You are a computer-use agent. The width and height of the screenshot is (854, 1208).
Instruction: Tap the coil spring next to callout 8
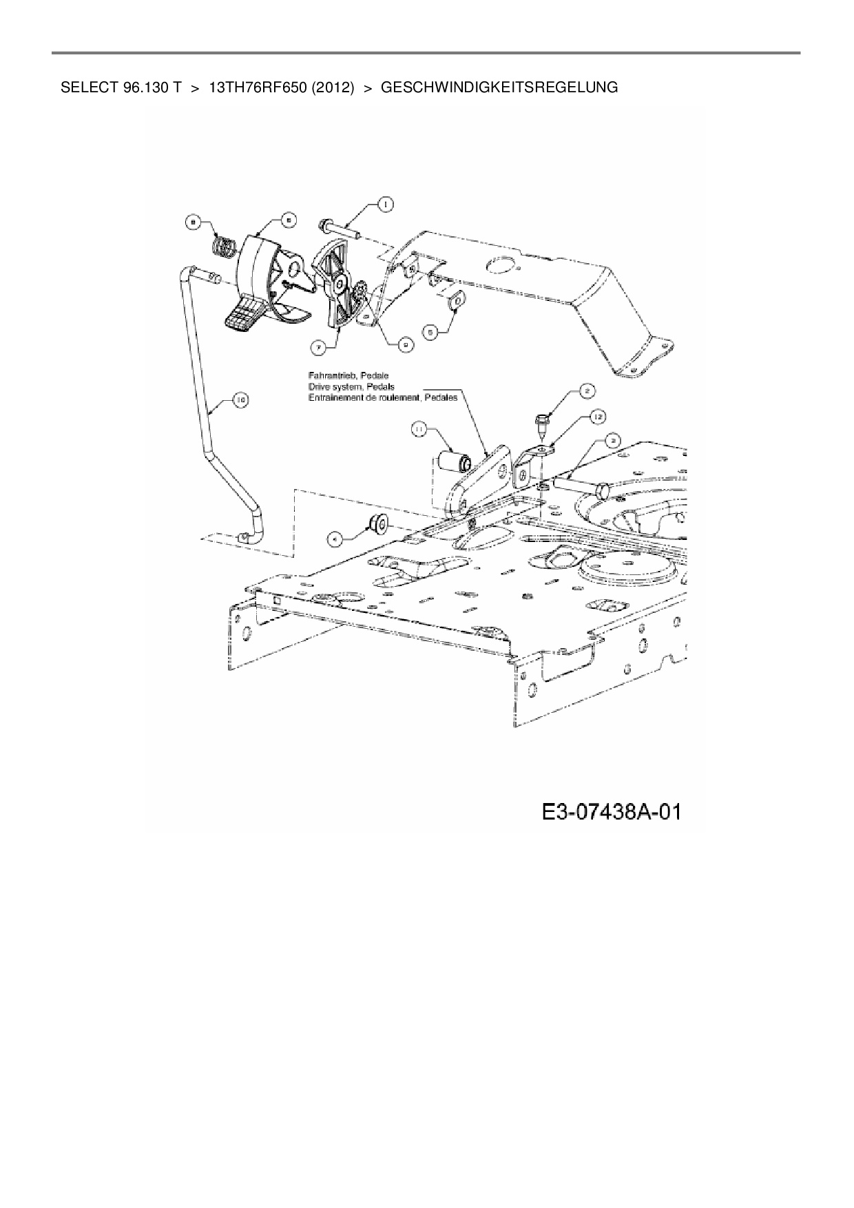(x=222, y=246)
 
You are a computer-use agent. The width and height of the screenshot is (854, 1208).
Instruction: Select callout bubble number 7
(x=319, y=348)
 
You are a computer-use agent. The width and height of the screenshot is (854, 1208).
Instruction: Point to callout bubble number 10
(x=240, y=399)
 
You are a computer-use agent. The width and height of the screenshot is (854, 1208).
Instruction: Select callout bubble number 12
(x=596, y=416)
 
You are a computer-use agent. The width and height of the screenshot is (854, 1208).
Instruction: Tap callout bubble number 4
(x=334, y=539)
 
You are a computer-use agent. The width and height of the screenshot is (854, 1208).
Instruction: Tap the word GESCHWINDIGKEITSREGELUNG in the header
(x=499, y=87)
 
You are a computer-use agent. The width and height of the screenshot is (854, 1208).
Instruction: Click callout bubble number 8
(x=194, y=222)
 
